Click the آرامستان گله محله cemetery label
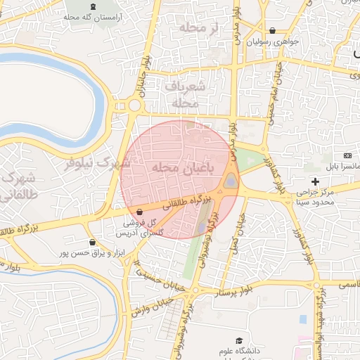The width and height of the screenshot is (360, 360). pyautogui.click(x=105, y=15)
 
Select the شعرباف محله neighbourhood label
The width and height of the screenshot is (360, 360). pyautogui.click(x=186, y=94)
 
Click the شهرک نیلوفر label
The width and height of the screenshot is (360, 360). pyautogui.click(x=98, y=162)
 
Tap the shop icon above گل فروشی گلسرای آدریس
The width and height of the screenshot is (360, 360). pyautogui.click(x=139, y=211)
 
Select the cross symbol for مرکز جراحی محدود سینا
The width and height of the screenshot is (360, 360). pyautogui.click(x=315, y=182)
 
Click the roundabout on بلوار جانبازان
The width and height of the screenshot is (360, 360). pyautogui.click(x=134, y=105)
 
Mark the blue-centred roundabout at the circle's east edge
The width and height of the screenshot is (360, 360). pyautogui.click(x=231, y=184)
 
